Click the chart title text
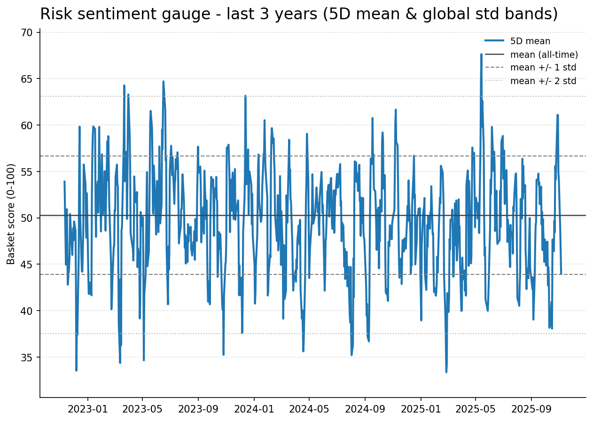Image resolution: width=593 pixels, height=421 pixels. (299, 14)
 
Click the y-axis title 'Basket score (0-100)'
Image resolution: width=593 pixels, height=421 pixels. (11, 214)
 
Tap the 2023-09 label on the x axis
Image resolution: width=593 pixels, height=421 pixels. (198, 409)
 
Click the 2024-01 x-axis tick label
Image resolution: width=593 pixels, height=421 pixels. (254, 409)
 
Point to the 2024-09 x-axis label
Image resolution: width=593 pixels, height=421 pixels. (365, 409)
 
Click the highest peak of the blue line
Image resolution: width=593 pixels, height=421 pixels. (481, 55)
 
